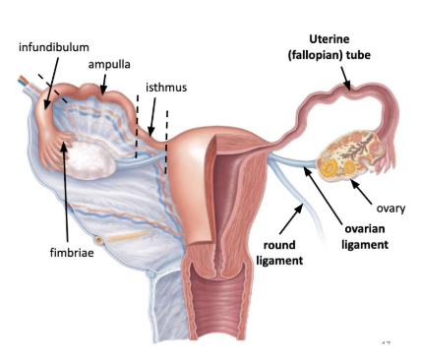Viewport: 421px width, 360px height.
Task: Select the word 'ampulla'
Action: tap(110, 64)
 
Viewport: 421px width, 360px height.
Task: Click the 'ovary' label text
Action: tap(391, 209)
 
